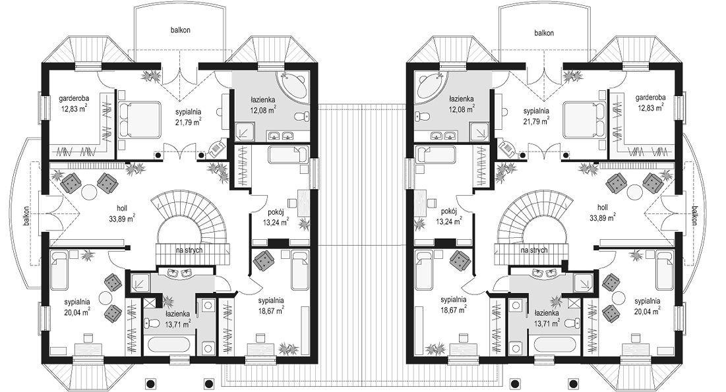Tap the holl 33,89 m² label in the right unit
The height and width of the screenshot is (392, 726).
(x=603, y=212)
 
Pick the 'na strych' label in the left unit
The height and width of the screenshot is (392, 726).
(x=189, y=250)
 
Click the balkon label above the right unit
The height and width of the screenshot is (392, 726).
(x=543, y=34)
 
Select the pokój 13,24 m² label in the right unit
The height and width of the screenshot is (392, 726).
(x=448, y=216)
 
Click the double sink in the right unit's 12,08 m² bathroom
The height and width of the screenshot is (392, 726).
(x=442, y=136)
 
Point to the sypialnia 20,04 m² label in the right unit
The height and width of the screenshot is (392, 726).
(x=647, y=306)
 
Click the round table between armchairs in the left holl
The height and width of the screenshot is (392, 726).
(x=90, y=190)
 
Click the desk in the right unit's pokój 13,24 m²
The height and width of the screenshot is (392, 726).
(x=422, y=202)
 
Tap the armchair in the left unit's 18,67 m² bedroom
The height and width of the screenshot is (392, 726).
(x=263, y=261)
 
